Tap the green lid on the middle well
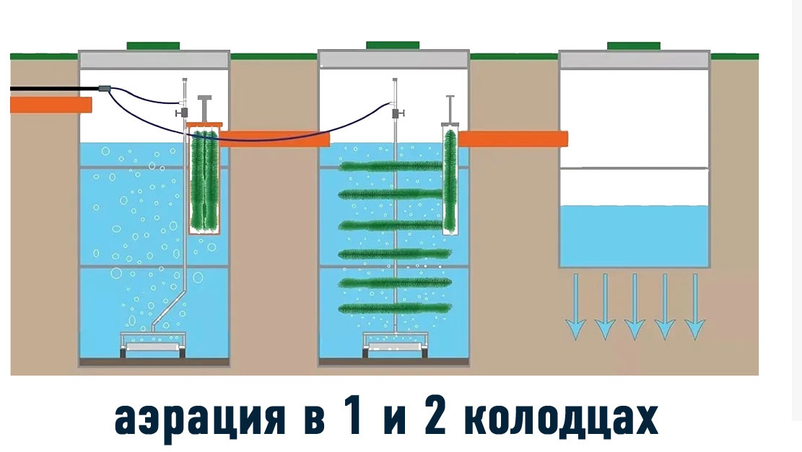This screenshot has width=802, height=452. pyautogui.click(x=393, y=45)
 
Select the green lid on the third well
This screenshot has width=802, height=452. pyautogui.click(x=633, y=45)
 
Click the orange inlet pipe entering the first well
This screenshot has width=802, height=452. pyautogui.click(x=51, y=105)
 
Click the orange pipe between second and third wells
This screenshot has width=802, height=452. pyautogui.click(x=513, y=138)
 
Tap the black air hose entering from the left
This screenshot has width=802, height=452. pyautogui.click(x=51, y=89)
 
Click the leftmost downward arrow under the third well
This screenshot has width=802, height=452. pyautogui.click(x=575, y=308)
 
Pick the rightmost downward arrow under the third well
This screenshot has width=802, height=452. pyautogui.click(x=694, y=308)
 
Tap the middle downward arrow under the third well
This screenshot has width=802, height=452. pyautogui.click(x=635, y=308)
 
